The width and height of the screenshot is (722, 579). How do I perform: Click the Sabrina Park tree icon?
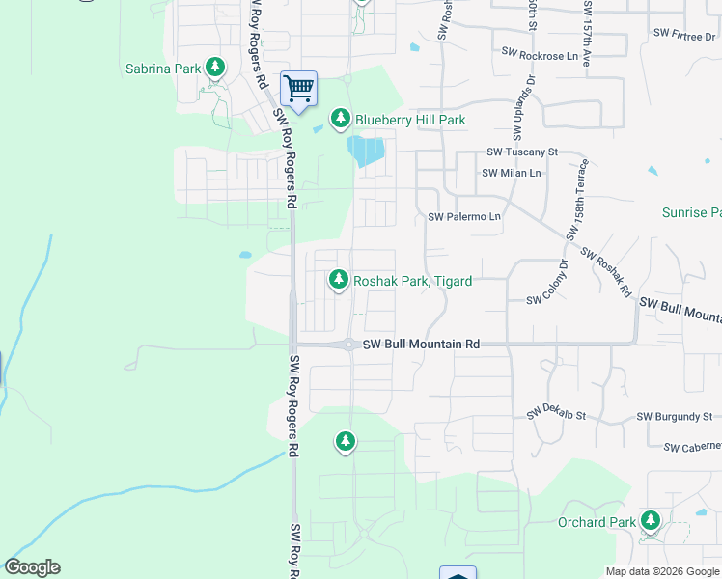click(216, 68)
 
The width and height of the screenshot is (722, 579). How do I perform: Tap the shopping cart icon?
click(299, 88)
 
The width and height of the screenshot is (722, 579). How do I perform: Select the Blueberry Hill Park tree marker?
click(340, 119)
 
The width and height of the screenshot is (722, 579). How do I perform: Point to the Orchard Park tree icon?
click(651, 522)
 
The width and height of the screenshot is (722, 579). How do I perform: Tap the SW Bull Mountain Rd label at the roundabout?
click(421, 345)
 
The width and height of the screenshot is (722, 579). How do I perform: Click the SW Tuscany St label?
click(522, 152)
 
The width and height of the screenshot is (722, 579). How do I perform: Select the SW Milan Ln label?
click(512, 173)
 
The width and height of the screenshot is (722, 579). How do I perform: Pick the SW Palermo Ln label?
click(464, 217)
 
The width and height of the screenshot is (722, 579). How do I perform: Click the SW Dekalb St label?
click(556, 416)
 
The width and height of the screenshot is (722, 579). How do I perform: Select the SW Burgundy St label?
click(674, 417)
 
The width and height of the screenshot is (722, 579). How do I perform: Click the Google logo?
click(32, 567)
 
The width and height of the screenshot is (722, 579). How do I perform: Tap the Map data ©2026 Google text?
click(662, 571)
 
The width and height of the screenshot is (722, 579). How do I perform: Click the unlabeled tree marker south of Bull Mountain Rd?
click(345, 442)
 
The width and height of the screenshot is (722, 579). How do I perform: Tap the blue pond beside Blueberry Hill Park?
click(367, 152)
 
